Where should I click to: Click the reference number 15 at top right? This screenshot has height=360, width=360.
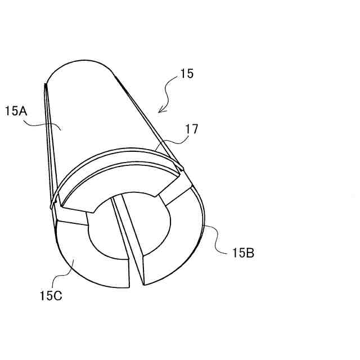pos(187,74)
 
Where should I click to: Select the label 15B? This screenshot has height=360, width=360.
pos(243,253)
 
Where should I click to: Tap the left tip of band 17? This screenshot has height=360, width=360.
pos(52,206)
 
